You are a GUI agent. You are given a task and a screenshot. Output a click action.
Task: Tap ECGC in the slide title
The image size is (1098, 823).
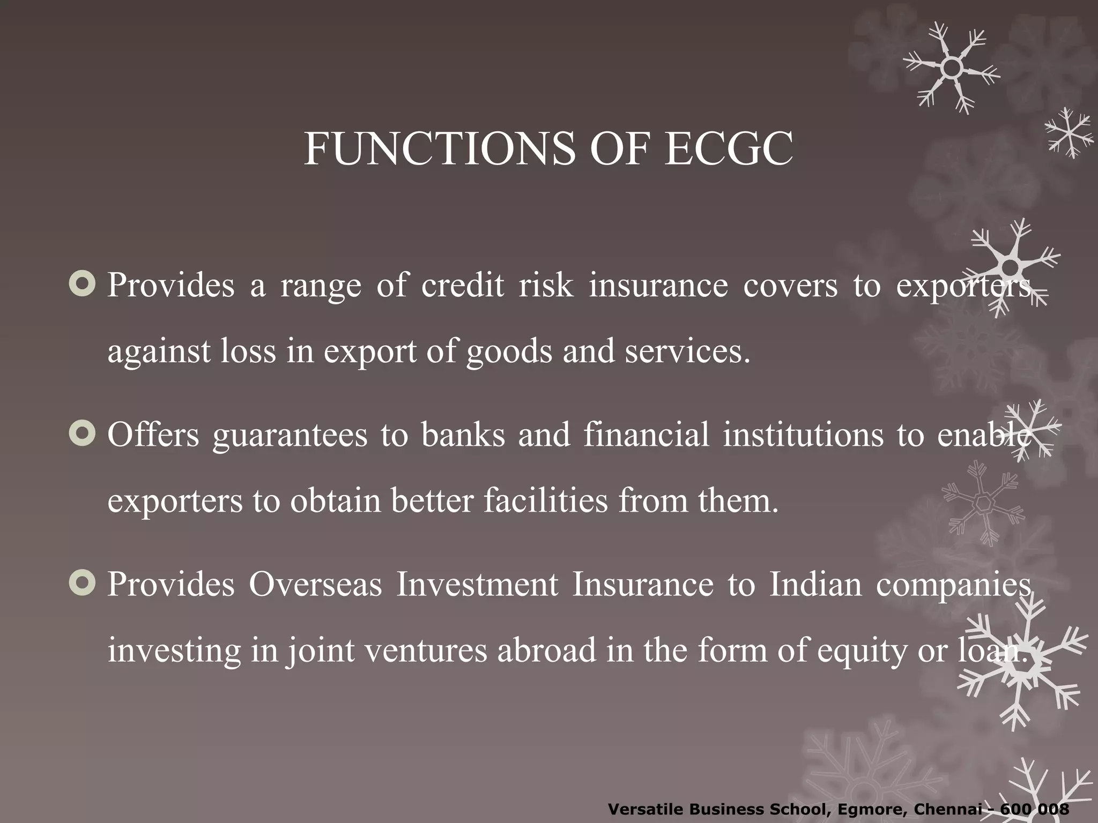coord(729,149)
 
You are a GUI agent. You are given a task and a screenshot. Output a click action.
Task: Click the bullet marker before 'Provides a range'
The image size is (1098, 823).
coord(83,284)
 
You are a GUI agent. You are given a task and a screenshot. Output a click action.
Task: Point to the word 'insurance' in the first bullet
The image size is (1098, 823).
coord(658,285)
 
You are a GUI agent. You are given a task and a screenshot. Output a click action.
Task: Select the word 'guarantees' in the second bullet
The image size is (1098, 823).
coord(290,435)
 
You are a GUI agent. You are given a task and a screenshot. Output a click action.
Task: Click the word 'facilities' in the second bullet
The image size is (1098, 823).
coord(545,501)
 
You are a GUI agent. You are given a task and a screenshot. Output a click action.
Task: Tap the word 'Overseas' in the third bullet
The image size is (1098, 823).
coord(315,584)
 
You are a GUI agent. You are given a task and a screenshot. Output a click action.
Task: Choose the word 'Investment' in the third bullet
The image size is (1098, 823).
coord(477,584)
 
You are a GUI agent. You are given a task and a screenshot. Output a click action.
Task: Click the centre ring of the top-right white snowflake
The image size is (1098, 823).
coord(951,68)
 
